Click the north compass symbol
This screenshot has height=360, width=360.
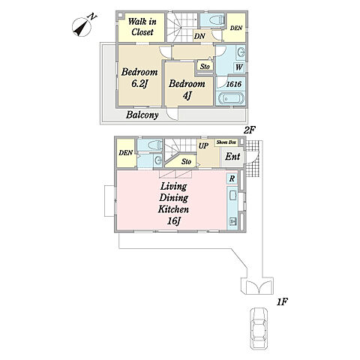click(82, 27)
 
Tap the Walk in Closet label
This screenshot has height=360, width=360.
click(142, 27)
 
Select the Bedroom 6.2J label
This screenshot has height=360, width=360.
click(139, 78)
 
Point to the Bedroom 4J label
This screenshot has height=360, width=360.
click(187, 89)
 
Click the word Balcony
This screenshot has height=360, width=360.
click(142, 115)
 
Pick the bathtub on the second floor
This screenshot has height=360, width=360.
click(231, 99)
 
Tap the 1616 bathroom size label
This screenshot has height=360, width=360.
click(234, 84)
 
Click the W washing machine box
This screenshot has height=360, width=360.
click(239, 67)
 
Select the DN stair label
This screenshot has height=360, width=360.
click(199, 36)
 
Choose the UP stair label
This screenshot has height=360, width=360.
click(203, 146)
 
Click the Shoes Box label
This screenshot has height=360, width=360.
click(226, 142)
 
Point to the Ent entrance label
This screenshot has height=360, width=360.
click(232, 157)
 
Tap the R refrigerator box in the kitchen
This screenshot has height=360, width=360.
click(232, 178)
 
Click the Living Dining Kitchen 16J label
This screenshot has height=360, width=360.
click(173, 203)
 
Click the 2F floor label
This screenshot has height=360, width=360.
click(249, 130)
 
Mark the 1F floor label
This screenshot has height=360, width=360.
click(282, 302)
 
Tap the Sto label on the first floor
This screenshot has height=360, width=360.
click(186, 162)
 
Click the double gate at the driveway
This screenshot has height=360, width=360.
click(259, 287)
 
